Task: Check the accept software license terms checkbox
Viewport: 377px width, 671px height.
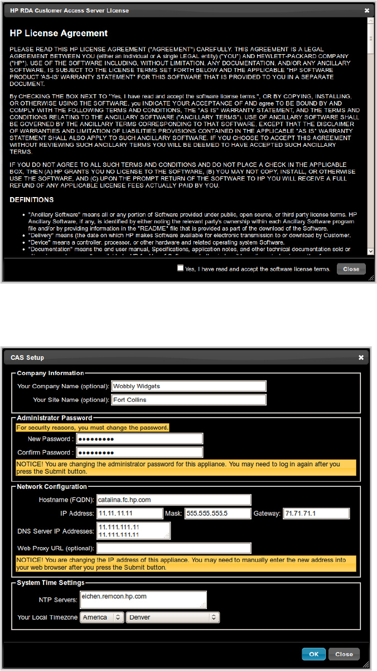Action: [x=180, y=268]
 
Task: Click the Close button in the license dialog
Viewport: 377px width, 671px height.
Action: [x=351, y=269]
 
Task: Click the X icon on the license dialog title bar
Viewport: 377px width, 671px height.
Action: [x=366, y=10]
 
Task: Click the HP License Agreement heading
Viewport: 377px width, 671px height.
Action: [x=59, y=33]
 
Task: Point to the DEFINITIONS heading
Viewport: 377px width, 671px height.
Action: [x=32, y=199]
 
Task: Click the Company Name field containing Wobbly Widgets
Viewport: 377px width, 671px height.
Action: [x=188, y=386]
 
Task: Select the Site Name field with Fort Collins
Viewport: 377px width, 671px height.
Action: [x=188, y=400]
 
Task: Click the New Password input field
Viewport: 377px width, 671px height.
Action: [x=139, y=438]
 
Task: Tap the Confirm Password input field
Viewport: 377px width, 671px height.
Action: [x=139, y=452]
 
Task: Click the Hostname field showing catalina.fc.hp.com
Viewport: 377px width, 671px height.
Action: [x=173, y=500]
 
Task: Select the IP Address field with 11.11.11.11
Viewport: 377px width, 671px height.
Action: [x=129, y=513]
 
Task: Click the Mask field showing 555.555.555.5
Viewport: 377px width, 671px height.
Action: [x=218, y=513]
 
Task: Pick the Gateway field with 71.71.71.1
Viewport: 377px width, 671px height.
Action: [x=316, y=513]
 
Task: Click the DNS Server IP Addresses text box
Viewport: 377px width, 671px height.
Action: [x=133, y=530]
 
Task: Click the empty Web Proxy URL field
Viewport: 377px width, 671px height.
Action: [x=173, y=548]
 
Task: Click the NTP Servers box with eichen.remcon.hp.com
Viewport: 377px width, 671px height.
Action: [x=143, y=600]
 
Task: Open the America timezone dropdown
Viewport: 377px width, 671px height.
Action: [x=101, y=617]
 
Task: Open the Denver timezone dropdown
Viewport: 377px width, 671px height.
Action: [x=173, y=617]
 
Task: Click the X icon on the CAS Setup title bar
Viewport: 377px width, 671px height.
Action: [x=361, y=357]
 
